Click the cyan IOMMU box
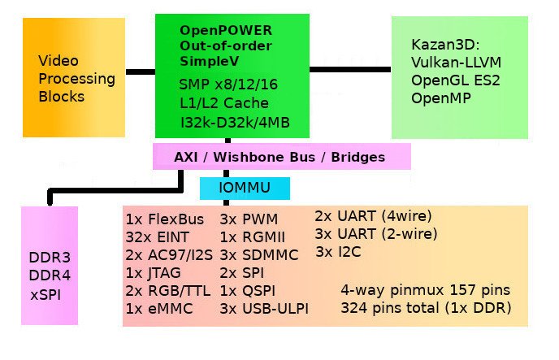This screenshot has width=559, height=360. click(244, 189)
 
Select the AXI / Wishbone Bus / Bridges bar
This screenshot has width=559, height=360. click(281, 156)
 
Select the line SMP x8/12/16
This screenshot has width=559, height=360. click(223, 83)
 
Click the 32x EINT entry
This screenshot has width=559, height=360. click(158, 236)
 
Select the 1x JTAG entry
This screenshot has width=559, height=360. click(154, 272)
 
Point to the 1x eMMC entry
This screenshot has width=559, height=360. click(158, 308)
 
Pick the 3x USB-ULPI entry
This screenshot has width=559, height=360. click(264, 308)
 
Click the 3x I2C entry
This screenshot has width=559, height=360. click(340, 251)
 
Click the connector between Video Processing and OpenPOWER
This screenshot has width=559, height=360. click(140, 72)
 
